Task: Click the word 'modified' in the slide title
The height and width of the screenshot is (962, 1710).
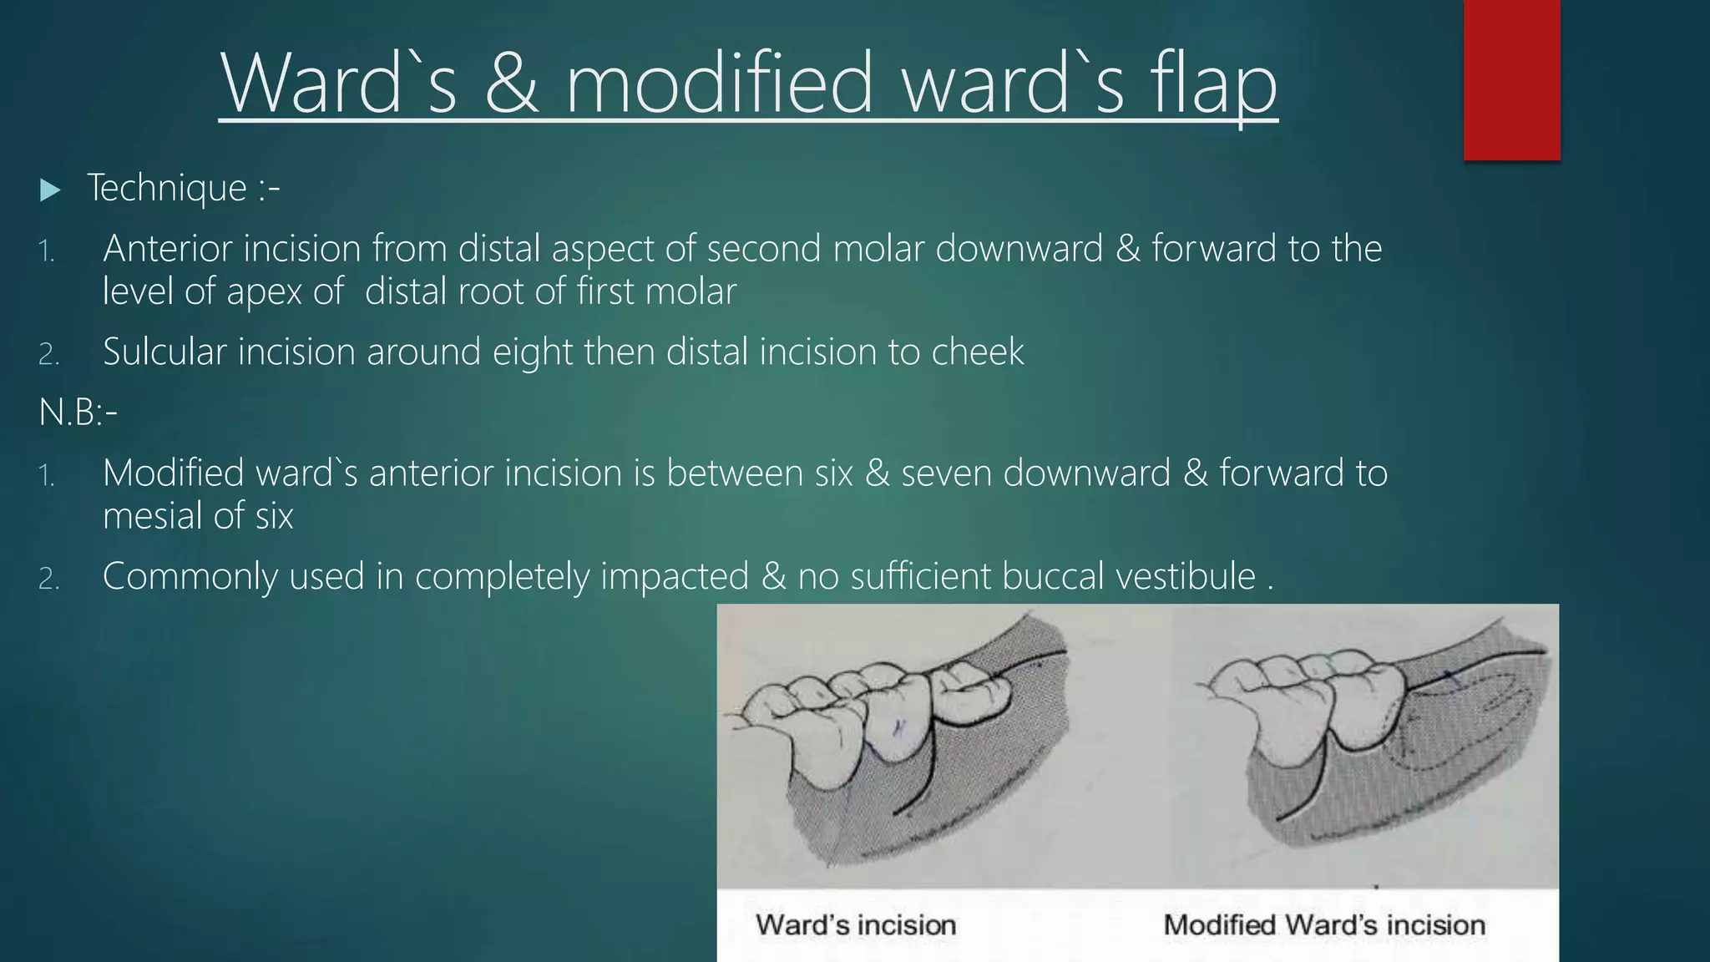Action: (x=719, y=84)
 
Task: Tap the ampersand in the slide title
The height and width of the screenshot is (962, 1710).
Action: (x=510, y=84)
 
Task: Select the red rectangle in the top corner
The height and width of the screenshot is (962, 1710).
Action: (x=1511, y=79)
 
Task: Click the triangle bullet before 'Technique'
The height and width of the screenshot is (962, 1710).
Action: (x=50, y=190)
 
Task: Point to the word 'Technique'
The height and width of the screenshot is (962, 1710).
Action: (x=167, y=188)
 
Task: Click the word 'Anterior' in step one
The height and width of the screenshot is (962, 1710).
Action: (x=167, y=248)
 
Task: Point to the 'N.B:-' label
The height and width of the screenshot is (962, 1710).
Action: (x=78, y=412)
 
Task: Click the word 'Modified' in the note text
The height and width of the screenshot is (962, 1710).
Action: (x=176, y=473)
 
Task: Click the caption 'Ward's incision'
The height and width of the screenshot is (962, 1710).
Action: (x=856, y=925)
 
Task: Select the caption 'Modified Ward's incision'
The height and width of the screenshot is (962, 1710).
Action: (x=1324, y=925)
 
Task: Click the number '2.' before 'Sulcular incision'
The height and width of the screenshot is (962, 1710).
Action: (x=48, y=354)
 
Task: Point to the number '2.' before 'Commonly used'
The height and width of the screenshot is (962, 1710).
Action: (x=48, y=579)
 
